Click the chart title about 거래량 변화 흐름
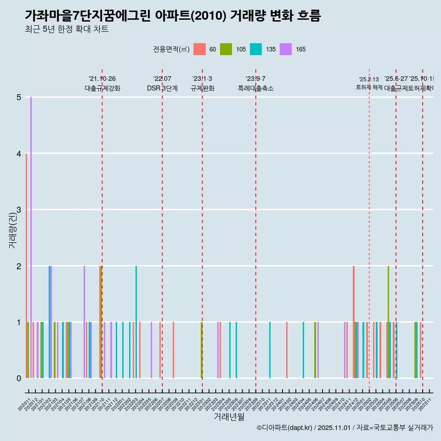click(x=173, y=16)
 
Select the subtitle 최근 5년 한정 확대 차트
click(x=67, y=30)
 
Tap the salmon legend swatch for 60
click(x=199, y=49)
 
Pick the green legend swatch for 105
click(x=226, y=49)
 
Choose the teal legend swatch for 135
click(x=256, y=49)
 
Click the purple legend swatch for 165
click(x=286, y=49)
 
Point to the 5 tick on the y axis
click(x=19, y=97)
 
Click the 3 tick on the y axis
click(x=19, y=210)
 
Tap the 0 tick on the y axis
click(x=19, y=379)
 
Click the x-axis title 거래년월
click(x=229, y=417)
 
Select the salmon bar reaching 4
click(x=26, y=266)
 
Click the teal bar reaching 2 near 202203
click(x=136, y=322)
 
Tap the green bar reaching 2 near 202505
click(x=388, y=322)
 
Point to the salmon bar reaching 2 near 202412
click(x=354, y=322)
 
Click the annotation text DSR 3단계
click(x=162, y=88)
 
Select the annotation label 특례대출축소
click(x=255, y=88)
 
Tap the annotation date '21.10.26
click(x=102, y=79)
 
